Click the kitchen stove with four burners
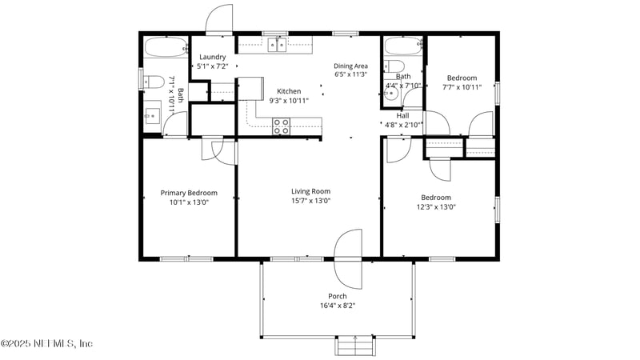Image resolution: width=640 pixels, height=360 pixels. pyautogui.click(x=282, y=125)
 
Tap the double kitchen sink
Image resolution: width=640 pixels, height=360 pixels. pyautogui.click(x=277, y=46)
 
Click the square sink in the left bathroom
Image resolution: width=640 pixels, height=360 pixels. pyautogui.click(x=152, y=117)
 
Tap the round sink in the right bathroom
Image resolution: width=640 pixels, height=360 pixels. pyautogui.click(x=390, y=93)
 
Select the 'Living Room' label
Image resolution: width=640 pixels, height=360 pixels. pyautogui.click(x=310, y=191)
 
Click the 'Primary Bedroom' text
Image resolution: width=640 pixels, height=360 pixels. pyautogui.click(x=189, y=193)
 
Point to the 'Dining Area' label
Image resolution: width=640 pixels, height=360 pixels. pyautogui.click(x=350, y=66)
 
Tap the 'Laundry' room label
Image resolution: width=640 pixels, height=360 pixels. pyautogui.click(x=213, y=57)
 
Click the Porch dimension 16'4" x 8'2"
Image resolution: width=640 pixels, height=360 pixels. pyautogui.click(x=337, y=305)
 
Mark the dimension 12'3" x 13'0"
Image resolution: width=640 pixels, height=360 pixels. pyautogui.click(x=436, y=206)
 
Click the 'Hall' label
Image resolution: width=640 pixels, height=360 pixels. pyautogui.click(x=402, y=115)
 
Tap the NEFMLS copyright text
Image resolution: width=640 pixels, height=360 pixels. pyautogui.click(x=46, y=343)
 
